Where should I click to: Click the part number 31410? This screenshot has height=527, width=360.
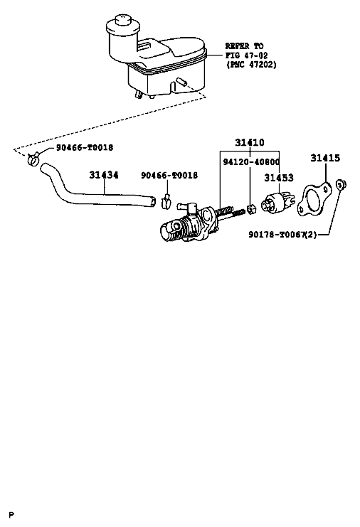pyautogui.click(x=250, y=142)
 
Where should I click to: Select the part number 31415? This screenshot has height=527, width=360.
pyautogui.click(x=325, y=158)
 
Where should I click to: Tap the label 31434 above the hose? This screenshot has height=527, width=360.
pyautogui.click(x=104, y=175)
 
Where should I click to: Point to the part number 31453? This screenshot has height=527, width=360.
pyautogui.click(x=279, y=178)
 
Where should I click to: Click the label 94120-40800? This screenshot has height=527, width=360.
pyautogui.click(x=251, y=162)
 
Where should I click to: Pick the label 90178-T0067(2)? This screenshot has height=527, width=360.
pyautogui.click(x=282, y=234)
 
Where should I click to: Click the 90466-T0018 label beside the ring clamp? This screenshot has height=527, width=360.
pyautogui.click(x=85, y=147)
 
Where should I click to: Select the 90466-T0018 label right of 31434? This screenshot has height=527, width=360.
pyautogui.click(x=169, y=176)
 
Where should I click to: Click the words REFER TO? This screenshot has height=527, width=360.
pyautogui.click(x=244, y=46)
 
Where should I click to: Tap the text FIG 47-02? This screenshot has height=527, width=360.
pyautogui.click(x=246, y=55)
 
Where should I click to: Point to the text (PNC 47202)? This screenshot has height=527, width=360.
pyautogui.click(x=251, y=64)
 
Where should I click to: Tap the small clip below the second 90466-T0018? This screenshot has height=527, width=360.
pyautogui.click(x=166, y=202)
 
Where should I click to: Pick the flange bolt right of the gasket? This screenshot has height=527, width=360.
pyautogui.click(x=342, y=184)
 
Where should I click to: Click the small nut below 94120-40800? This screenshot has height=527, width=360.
pyautogui.click(x=251, y=210)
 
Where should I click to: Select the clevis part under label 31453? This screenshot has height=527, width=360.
pyautogui.click(x=278, y=203)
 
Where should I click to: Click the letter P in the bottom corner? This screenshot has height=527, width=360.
pyautogui.click(x=12, y=515)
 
